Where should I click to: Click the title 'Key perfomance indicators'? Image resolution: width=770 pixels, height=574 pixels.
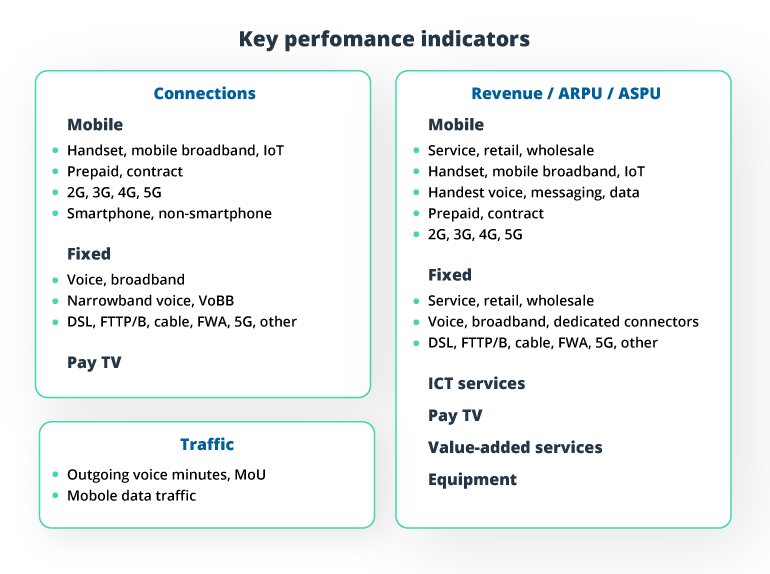384,40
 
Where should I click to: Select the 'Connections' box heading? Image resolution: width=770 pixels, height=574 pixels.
204,94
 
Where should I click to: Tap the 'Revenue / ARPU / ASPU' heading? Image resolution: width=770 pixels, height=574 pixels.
565,94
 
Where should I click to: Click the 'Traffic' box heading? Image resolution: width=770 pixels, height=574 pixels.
207,445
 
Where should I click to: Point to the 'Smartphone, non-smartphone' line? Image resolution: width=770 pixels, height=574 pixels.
169,213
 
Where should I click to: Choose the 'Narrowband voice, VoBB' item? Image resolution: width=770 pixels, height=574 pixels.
150,301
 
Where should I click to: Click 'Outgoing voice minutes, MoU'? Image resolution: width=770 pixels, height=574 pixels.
166,474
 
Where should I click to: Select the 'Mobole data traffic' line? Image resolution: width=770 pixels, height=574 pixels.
131,495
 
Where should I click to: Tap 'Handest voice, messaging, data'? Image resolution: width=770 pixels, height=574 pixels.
533,192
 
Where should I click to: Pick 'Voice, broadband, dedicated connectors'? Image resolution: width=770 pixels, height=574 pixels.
563,322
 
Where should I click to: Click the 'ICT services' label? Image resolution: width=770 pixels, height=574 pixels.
476,384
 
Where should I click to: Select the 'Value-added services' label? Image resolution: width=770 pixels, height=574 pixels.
515,448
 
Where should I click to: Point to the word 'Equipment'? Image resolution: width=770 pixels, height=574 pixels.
472,480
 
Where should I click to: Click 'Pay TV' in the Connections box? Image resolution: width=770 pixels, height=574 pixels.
94,363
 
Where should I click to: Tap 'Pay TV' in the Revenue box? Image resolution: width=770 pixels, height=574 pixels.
455,416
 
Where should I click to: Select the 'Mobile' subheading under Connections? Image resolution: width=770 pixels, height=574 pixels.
95,125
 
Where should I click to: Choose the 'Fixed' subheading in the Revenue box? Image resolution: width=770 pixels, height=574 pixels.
450,275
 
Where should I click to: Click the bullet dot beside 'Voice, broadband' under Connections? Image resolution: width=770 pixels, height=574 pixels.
55,280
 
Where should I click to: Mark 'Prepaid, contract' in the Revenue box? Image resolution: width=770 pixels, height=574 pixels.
486,213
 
